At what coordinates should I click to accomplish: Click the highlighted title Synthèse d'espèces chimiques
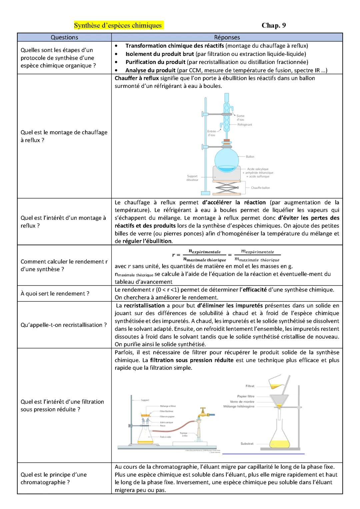(x=118, y=26)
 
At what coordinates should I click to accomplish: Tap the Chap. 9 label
(x=274, y=26)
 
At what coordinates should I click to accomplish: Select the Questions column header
(x=64, y=37)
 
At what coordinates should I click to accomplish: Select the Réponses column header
(x=227, y=37)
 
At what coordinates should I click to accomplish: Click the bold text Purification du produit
(x=155, y=62)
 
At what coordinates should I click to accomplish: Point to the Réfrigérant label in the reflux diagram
(x=244, y=125)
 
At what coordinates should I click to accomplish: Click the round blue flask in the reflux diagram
(x=227, y=161)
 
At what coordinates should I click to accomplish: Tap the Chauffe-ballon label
(x=260, y=188)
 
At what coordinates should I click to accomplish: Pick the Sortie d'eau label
(x=241, y=118)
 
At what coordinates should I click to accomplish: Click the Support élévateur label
(x=192, y=178)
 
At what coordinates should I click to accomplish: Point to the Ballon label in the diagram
(x=250, y=157)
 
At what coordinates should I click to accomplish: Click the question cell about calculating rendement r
(x=64, y=265)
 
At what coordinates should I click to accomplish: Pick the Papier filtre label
(x=246, y=396)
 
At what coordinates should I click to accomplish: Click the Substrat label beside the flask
(x=247, y=444)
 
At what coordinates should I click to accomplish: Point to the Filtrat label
(x=250, y=386)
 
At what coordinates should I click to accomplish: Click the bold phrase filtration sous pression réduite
(x=192, y=360)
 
